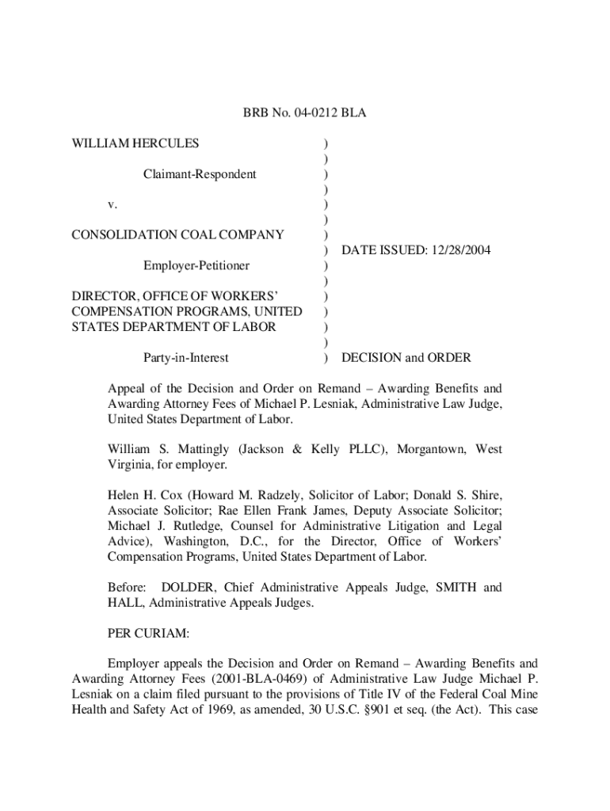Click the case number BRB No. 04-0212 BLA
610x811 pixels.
[x=304, y=114]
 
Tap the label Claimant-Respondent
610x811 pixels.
[x=200, y=173]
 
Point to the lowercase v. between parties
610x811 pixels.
[x=112, y=204]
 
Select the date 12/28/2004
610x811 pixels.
[x=460, y=249]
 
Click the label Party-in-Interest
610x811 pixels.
[x=185, y=357]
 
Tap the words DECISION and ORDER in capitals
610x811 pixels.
[x=406, y=357]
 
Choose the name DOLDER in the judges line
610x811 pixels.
[x=189, y=588]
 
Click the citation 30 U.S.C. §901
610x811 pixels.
[x=344, y=709]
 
